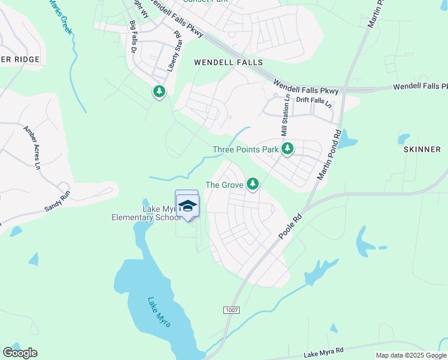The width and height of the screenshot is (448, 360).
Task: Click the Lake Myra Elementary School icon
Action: click(187, 205)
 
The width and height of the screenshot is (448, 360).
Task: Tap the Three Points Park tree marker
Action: click(287, 148)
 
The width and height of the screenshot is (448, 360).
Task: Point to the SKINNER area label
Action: click(422, 149)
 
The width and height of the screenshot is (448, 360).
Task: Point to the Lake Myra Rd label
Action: click(323, 352)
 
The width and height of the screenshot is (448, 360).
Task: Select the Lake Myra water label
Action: click(159, 312)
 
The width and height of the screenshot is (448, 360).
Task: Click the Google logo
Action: click(20, 353)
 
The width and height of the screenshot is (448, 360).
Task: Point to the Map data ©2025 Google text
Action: click(411, 355)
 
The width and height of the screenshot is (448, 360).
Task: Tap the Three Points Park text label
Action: click(246, 149)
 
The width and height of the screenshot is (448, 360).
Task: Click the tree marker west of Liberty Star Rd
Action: click(159, 92)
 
